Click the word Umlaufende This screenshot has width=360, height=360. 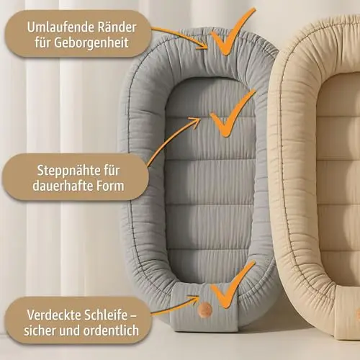coord(61,27)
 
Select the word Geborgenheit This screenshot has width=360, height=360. coord(91,43)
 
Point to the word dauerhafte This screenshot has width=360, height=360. coord(62,186)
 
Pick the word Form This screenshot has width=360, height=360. coord(110,186)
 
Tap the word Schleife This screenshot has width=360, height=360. coord(106,315)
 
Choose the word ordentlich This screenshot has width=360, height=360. coord(111,330)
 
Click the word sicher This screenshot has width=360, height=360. coord(40,331)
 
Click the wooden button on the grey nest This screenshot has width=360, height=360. coord(205,309)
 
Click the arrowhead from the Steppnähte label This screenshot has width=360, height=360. coord(196,121)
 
